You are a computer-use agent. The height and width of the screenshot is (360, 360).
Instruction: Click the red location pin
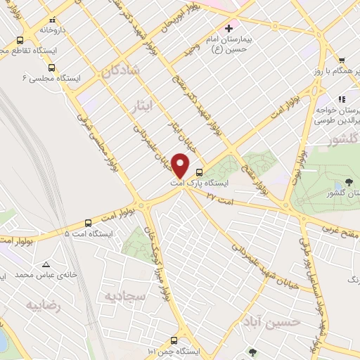click(x=181, y=167)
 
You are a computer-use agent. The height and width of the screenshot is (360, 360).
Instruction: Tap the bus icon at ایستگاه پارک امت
click(x=199, y=171)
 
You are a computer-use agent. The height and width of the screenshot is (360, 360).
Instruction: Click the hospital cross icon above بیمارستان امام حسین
click(x=228, y=29)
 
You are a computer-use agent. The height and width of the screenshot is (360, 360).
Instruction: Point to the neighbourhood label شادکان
click(x=126, y=70)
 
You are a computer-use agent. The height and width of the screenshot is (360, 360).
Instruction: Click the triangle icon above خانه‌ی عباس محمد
click(x=46, y=265)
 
